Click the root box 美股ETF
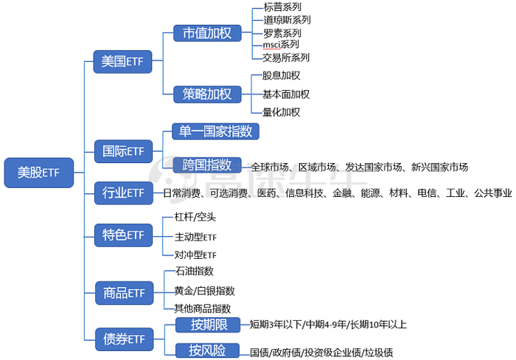39,173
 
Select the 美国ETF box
122,61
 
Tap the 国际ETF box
123,151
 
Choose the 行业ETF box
123,193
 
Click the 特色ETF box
123,235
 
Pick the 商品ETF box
124,293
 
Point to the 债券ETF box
124,339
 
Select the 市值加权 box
207,33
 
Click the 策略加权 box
207,94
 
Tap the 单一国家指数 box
215,131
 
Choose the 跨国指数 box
207,165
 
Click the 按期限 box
208,325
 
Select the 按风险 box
207,350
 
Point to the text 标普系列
282,7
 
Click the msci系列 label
281,44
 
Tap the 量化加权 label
282,112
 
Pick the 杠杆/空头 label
195,217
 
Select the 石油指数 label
195,271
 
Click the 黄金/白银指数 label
204,291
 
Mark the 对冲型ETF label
195,255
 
